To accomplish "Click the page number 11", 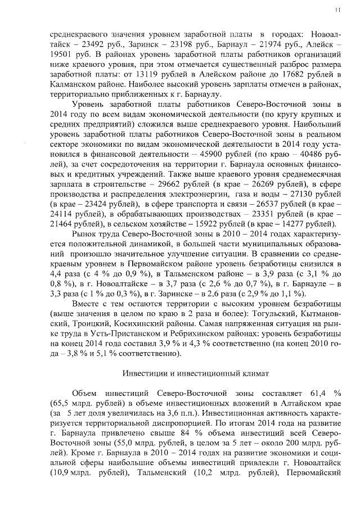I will [337, 10].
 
